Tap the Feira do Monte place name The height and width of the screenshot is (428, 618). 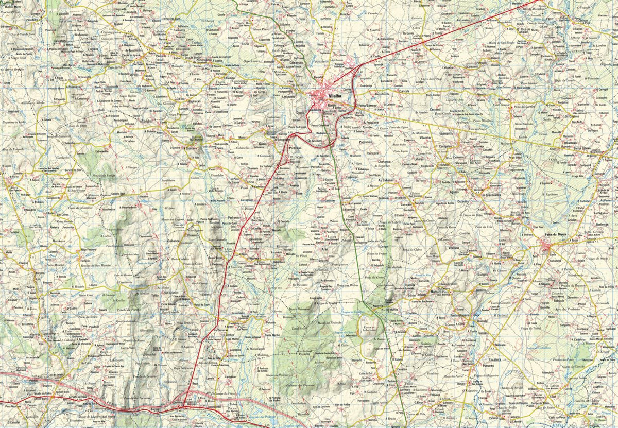point(556,235)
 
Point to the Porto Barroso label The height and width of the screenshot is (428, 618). point(370,105)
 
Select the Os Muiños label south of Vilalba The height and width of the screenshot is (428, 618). point(314,140)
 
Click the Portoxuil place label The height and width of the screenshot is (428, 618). point(295,148)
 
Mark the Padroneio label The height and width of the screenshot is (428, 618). point(365,142)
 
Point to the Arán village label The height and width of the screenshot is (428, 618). point(324,249)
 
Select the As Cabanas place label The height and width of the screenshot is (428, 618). point(386,180)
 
